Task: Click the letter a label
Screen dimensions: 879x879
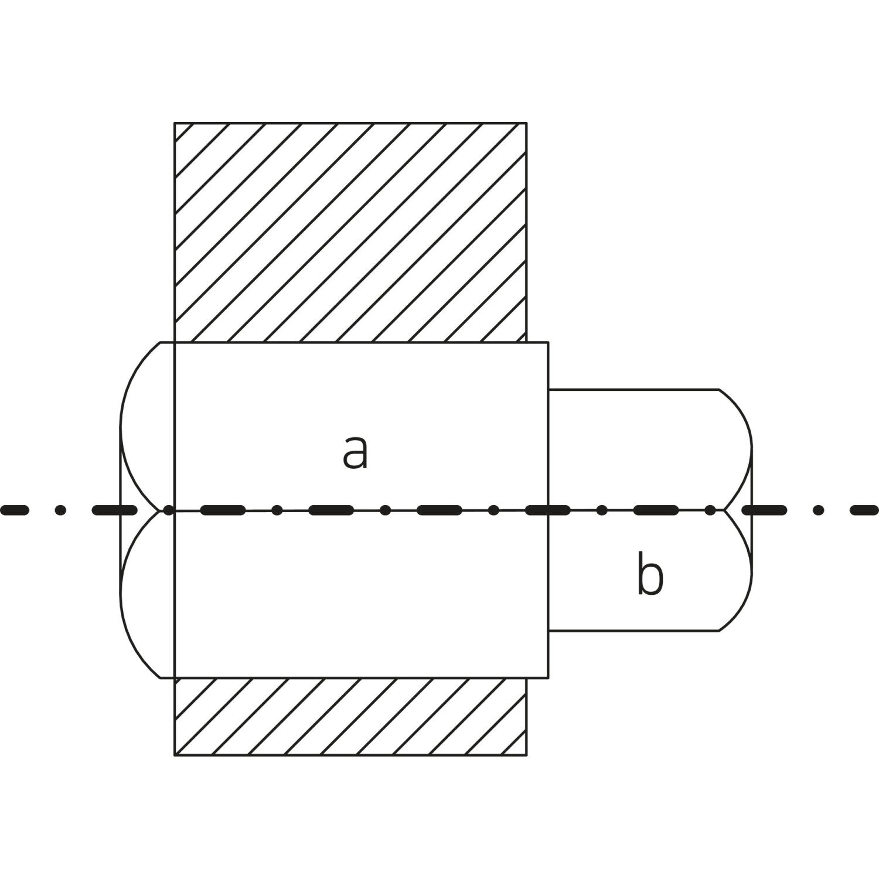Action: pyautogui.click(x=355, y=453)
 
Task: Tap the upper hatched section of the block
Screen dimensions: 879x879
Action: pyautogui.click(x=350, y=231)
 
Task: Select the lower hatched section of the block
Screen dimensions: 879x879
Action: pyautogui.click(x=350, y=716)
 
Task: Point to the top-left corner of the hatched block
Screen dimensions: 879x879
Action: pyautogui.click(x=175, y=123)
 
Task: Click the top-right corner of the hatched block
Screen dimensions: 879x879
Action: pyautogui.click(x=526, y=123)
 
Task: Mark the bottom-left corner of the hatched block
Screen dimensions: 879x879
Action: pyautogui.click(x=175, y=755)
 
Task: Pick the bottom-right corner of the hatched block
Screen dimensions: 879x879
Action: pyautogui.click(x=526, y=755)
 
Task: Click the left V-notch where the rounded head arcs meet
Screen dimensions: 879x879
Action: pyautogui.click(x=159, y=510)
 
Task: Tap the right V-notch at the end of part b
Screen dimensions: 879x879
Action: pyautogui.click(x=725, y=510)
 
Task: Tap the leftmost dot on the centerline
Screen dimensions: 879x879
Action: pyautogui.click(x=60, y=510)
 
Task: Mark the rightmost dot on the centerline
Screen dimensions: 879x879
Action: pyautogui.click(x=819, y=510)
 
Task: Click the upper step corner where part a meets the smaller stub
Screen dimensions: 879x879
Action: pyautogui.click(x=548, y=389)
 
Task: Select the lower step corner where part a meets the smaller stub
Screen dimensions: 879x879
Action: pyautogui.click(x=548, y=631)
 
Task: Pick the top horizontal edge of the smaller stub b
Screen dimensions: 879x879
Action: pyautogui.click(x=633, y=389)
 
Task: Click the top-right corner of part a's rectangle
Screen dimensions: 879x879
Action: pyautogui.click(x=548, y=342)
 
